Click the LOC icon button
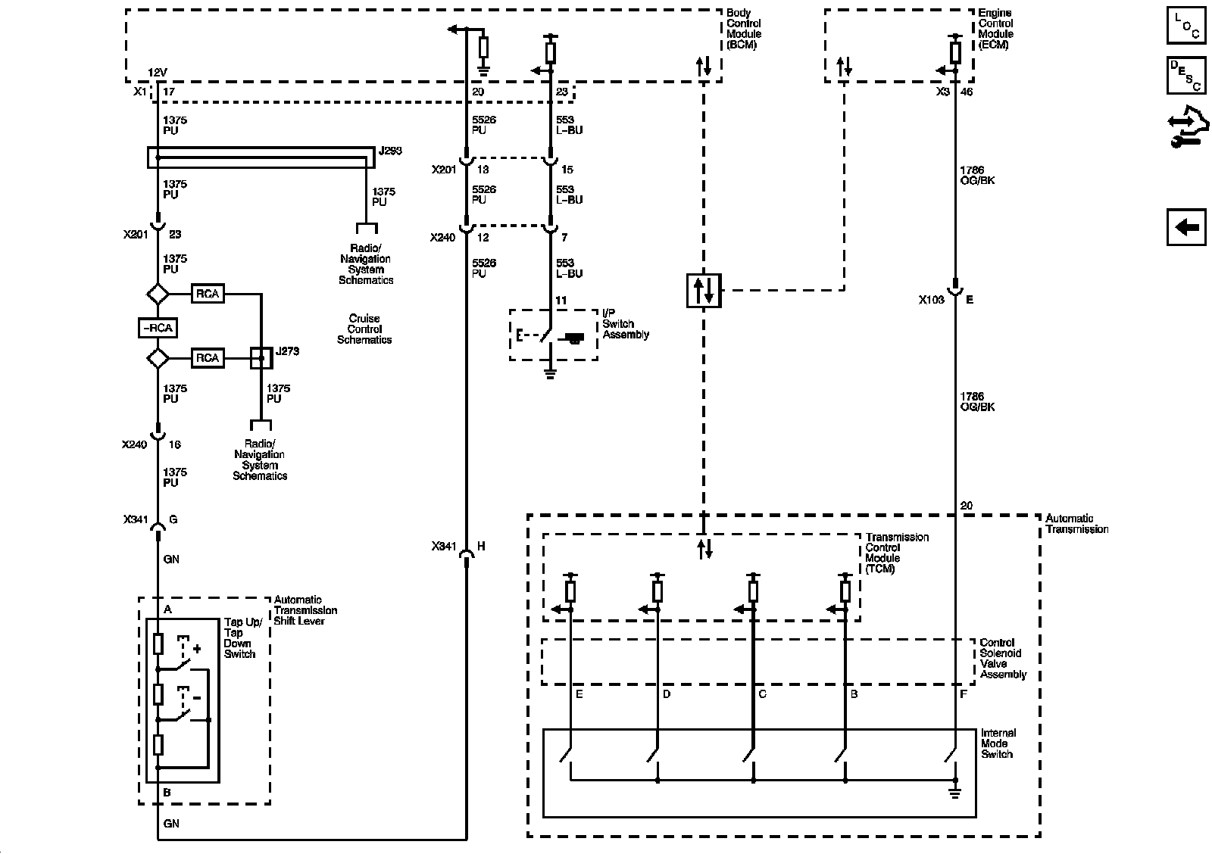point(1186,25)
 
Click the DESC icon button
point(1186,75)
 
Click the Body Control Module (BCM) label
point(743,29)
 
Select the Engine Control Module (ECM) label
point(995,29)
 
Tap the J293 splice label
point(390,151)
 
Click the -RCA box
point(158,328)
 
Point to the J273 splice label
point(287,351)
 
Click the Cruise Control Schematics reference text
point(364,329)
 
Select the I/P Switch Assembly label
point(626,323)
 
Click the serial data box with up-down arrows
point(704,291)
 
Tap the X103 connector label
point(931,300)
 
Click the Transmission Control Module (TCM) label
point(897,553)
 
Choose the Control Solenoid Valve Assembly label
point(1003,658)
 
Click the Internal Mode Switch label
point(998,743)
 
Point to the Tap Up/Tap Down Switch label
point(243,638)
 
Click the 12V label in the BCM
point(158,73)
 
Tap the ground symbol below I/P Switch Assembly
point(550,374)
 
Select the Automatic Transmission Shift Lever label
point(305,610)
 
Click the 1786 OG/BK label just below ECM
point(977,175)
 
